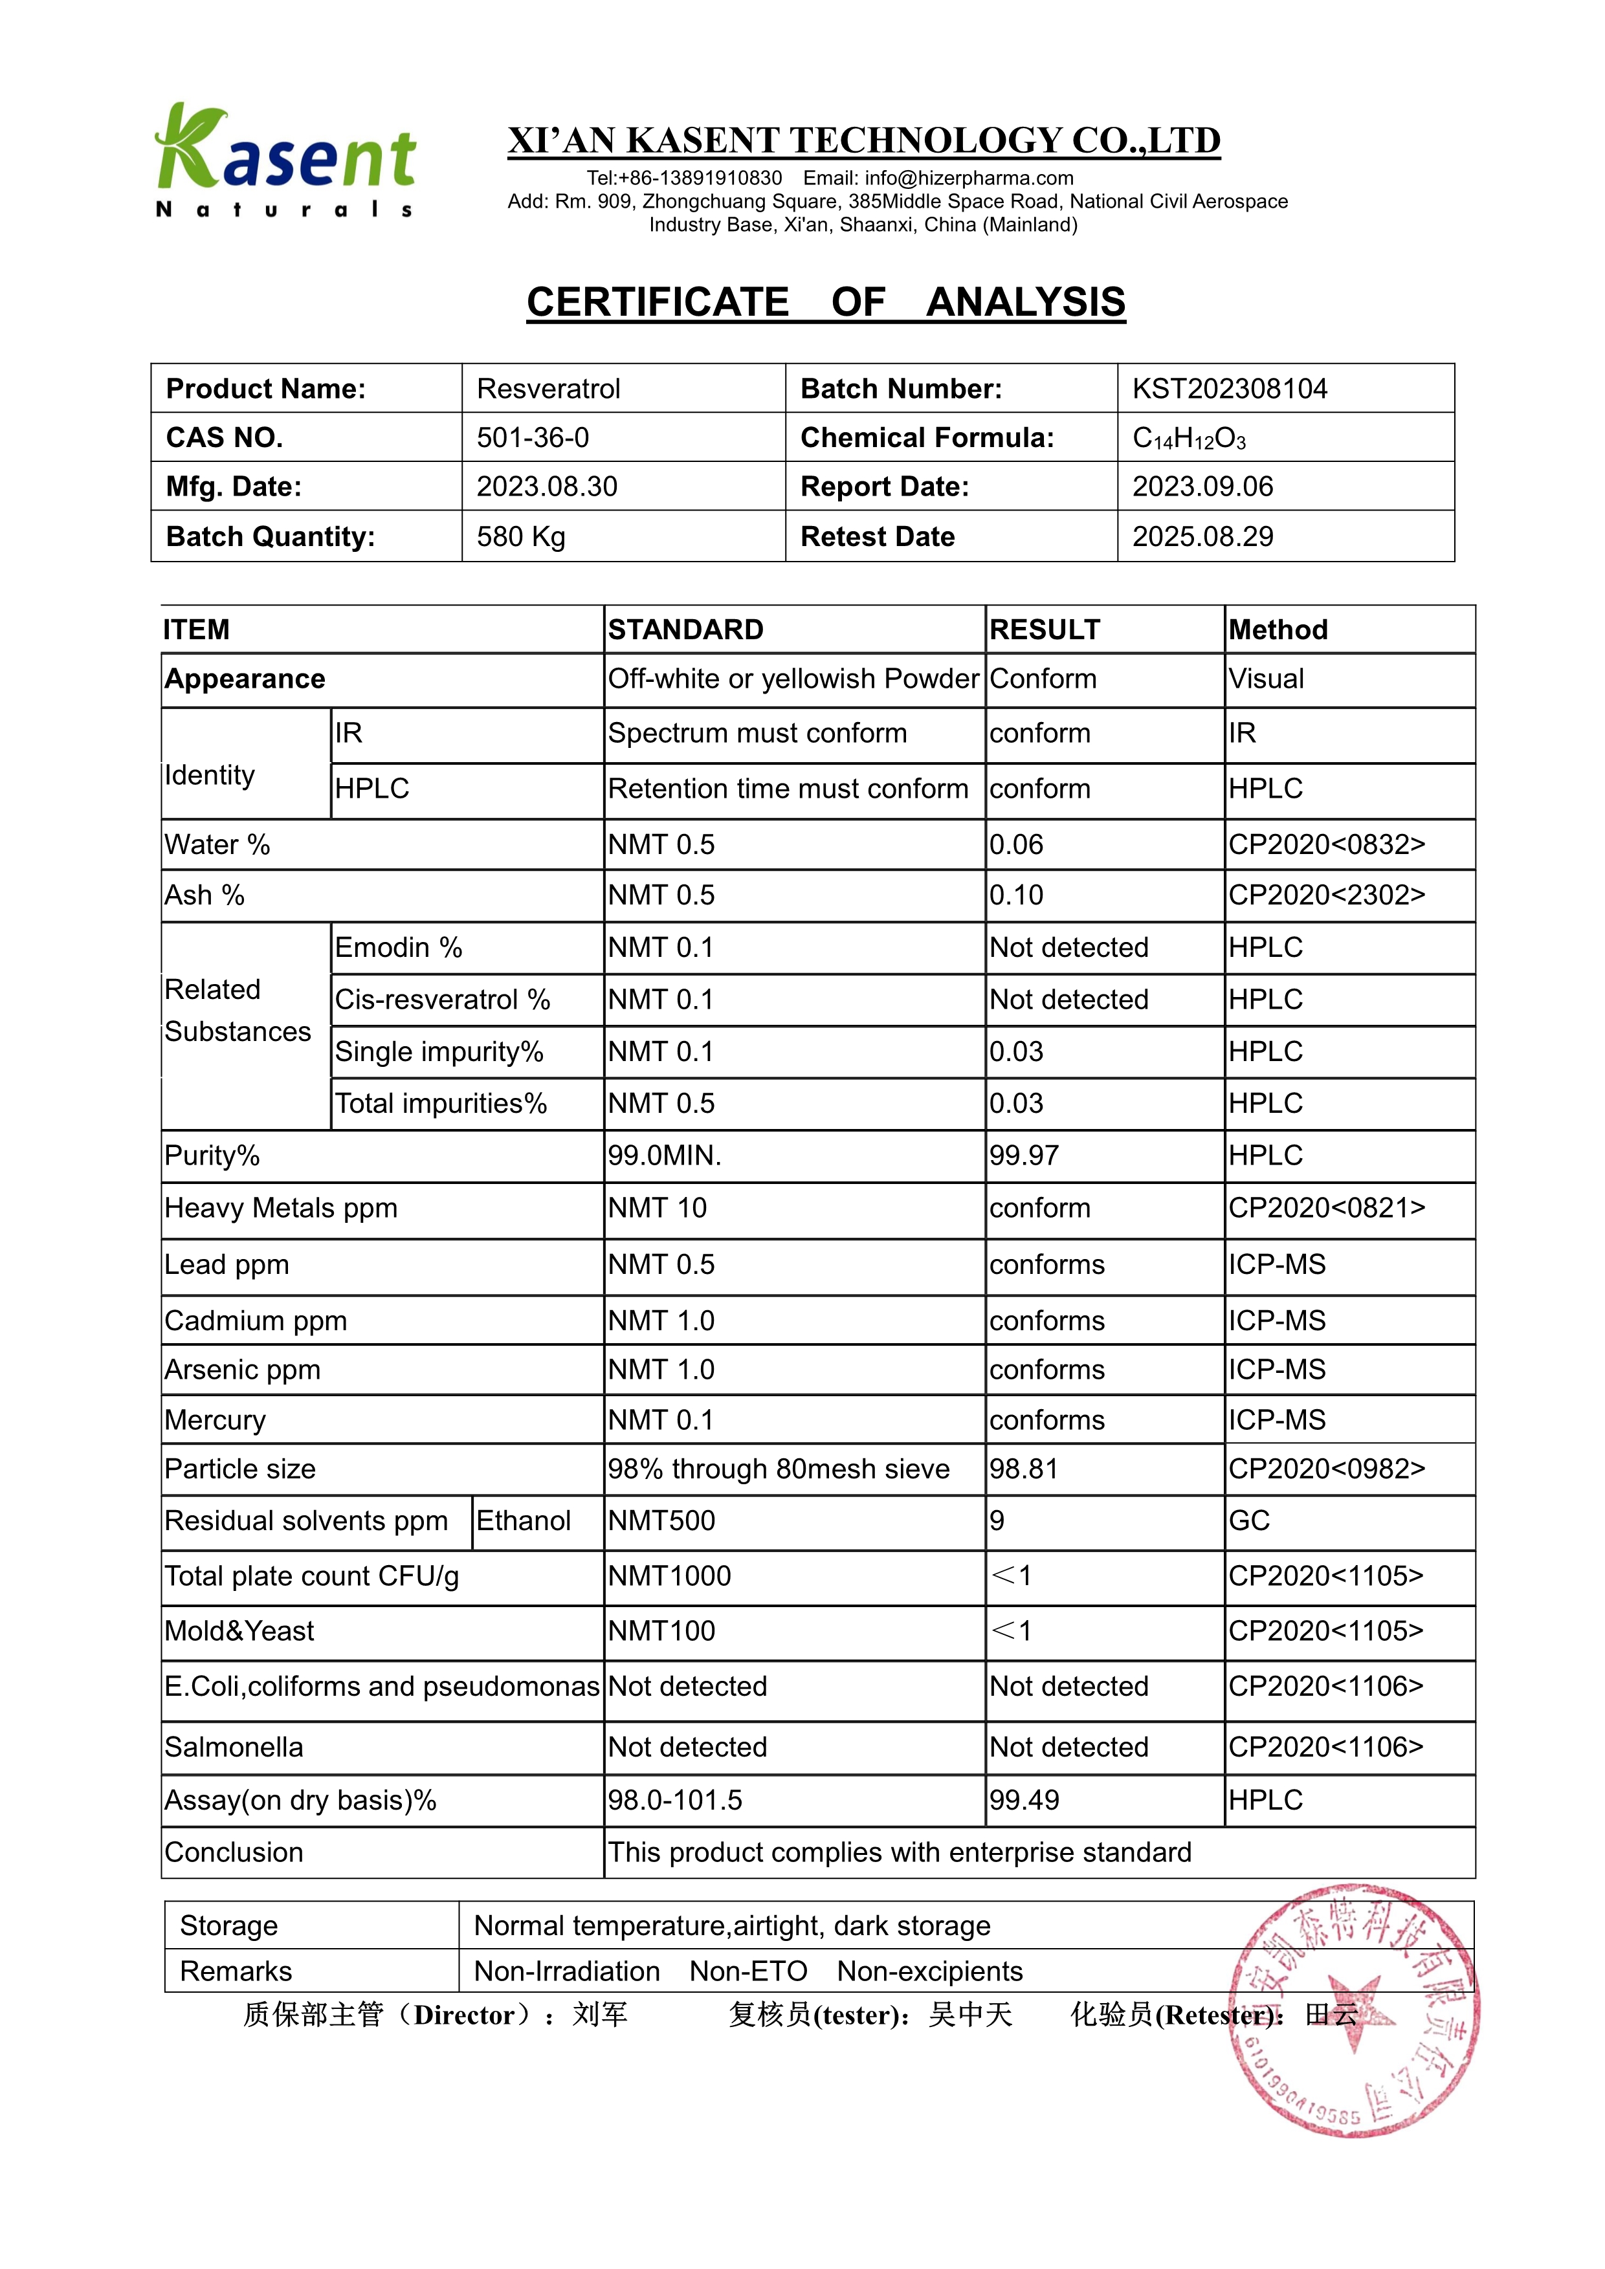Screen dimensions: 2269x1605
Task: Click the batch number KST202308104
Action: click(1230, 388)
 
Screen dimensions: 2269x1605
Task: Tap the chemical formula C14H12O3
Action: click(1189, 439)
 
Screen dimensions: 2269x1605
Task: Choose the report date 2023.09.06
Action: click(1202, 487)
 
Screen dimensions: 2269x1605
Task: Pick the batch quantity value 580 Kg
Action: click(521, 536)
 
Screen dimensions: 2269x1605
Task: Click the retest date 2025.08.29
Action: click(1202, 536)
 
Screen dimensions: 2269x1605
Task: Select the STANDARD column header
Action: click(686, 630)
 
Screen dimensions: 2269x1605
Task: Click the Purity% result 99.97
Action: click(1024, 1156)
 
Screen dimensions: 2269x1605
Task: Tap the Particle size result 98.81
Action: click(1023, 1469)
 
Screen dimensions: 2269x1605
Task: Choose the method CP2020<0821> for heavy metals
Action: click(1326, 1208)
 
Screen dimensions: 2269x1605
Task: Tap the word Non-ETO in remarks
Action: click(748, 1971)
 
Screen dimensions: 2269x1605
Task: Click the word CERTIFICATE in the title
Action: click(658, 302)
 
